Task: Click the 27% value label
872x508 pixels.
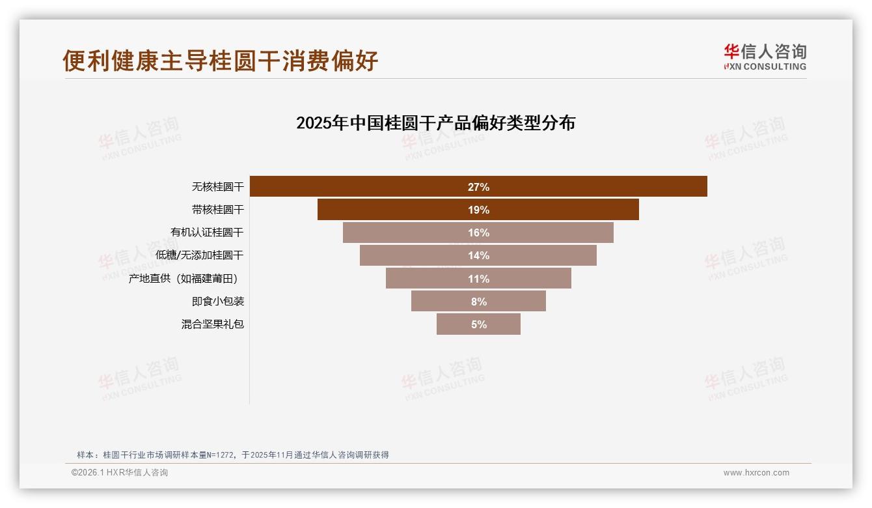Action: pos(478,187)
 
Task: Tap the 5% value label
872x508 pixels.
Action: pos(478,324)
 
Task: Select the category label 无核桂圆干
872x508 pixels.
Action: pos(217,187)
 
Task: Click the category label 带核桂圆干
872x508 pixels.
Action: pos(217,210)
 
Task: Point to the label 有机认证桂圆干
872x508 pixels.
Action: pos(207,233)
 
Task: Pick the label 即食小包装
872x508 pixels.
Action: pos(217,302)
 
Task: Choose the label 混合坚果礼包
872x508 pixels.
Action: pos(212,324)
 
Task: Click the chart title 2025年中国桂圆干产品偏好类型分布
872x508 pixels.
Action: pos(435,123)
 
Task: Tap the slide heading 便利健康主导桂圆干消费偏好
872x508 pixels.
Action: pos(220,61)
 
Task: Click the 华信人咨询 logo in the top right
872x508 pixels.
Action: pos(765,57)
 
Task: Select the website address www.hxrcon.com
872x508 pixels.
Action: pos(756,473)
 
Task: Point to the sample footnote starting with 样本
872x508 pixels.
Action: pos(232,455)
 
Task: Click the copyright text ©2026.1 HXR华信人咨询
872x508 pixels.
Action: pos(120,473)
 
